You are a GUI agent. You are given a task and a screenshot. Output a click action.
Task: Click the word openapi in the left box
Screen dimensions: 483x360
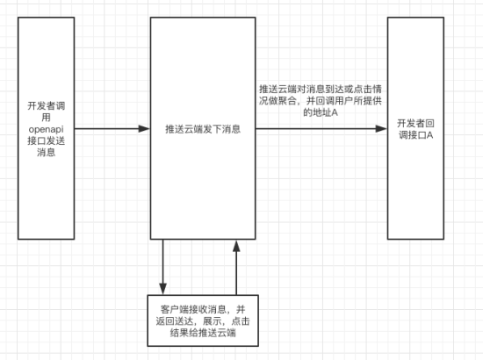(x=47, y=129)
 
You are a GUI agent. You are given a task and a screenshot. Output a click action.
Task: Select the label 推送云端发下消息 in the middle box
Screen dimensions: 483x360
(x=203, y=129)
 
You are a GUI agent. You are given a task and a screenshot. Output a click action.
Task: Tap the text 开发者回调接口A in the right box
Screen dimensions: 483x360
(x=415, y=129)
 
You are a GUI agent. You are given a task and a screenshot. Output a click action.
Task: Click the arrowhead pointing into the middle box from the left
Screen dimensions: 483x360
(x=144, y=129)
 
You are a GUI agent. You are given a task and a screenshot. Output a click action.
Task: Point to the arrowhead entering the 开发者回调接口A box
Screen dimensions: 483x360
(x=381, y=129)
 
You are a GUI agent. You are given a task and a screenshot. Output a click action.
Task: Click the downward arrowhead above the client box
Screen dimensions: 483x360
(x=163, y=289)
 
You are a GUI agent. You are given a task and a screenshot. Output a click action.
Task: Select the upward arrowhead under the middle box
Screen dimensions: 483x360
(x=236, y=246)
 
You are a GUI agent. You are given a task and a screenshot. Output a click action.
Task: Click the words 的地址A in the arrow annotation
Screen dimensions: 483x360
(x=321, y=112)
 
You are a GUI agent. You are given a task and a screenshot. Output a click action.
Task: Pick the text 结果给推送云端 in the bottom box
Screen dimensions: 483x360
(x=203, y=333)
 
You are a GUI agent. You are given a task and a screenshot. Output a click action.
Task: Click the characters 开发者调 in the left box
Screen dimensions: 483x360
(x=47, y=106)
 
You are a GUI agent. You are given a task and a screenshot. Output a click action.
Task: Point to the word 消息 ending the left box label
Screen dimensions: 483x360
(x=47, y=152)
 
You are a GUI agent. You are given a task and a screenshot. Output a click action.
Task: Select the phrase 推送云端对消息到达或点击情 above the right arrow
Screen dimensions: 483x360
(x=321, y=89)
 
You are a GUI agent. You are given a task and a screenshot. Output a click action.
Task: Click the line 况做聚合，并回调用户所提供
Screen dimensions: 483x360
(x=321, y=101)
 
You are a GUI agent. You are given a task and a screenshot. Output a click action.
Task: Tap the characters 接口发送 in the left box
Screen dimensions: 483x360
(x=47, y=140)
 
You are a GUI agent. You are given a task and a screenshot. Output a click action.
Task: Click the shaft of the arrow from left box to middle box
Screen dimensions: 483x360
(x=106, y=129)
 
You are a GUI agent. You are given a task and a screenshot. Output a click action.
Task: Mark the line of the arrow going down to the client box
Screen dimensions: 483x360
(x=163, y=262)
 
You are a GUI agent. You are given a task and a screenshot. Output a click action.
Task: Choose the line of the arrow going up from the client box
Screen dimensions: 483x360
(x=236, y=273)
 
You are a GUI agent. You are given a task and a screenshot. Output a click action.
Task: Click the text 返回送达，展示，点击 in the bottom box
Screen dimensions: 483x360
(x=203, y=320)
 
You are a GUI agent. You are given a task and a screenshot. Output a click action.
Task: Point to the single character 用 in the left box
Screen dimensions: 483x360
(x=47, y=118)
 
